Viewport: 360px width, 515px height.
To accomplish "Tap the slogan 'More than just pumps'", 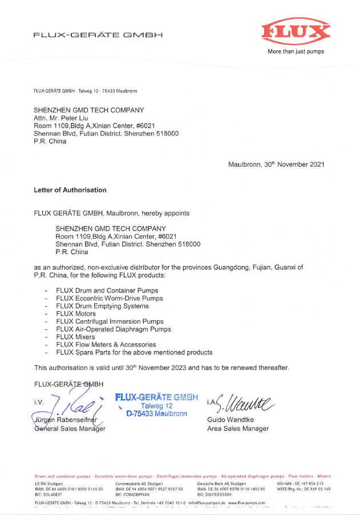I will (296, 51).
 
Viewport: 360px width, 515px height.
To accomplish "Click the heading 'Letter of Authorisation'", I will (70, 190).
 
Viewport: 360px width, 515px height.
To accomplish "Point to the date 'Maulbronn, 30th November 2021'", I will (276, 164).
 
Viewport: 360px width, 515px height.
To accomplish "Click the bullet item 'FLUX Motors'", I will (76, 313).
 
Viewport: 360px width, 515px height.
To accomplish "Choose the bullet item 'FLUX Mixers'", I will (75, 337).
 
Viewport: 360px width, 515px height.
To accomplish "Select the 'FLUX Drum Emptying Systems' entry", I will (100, 306).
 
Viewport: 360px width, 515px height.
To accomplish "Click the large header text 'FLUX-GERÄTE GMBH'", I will (98, 35).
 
